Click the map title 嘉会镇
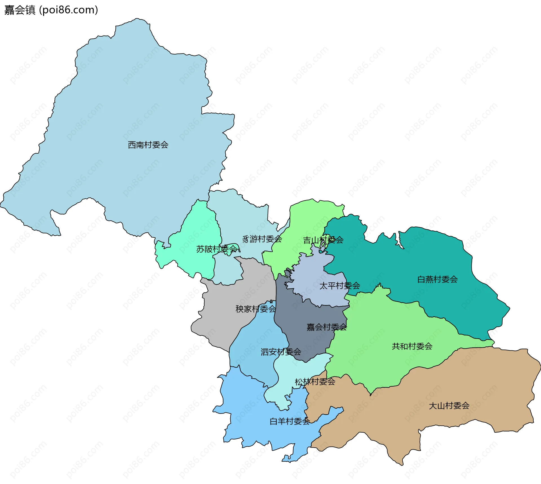[x=20, y=10]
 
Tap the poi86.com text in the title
[x=68, y=10]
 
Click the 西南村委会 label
[x=148, y=145]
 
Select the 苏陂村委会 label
[x=217, y=249]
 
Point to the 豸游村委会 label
[x=262, y=239]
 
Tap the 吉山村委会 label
[x=323, y=240]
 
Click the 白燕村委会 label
[x=437, y=279]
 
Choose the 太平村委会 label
[x=340, y=286]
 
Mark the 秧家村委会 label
[x=256, y=309]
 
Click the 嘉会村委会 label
[x=327, y=327]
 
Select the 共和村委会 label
[x=412, y=346]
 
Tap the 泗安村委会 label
[x=281, y=352]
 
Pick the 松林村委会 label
[x=315, y=382]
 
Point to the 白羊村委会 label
[x=290, y=421]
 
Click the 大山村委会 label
[x=449, y=406]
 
